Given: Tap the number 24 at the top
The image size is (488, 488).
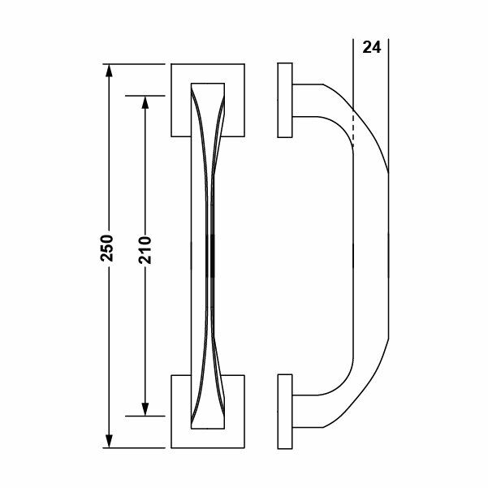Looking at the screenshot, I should tap(370, 46).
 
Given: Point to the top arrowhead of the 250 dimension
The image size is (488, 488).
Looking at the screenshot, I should tap(108, 69).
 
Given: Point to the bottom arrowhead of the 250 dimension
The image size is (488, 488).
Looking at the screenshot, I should tap(108, 442).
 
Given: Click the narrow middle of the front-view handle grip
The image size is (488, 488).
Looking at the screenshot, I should tap(205, 252).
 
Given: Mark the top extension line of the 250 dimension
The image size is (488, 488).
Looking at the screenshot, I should tap(138, 63).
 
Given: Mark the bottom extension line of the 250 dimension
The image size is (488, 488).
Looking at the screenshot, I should tap(138, 447).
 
